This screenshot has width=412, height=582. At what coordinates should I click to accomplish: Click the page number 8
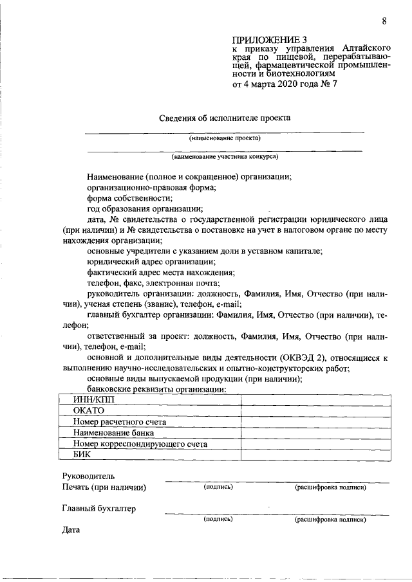click(x=384, y=21)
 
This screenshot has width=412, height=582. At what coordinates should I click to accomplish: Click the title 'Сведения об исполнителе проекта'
click(x=225, y=118)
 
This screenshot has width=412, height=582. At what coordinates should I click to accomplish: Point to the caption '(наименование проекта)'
click(x=225, y=138)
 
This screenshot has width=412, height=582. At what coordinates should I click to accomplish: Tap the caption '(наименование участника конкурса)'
click(x=225, y=156)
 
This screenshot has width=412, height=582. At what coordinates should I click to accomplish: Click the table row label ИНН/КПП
click(x=93, y=400)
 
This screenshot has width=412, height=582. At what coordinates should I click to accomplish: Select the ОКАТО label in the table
click(x=88, y=411)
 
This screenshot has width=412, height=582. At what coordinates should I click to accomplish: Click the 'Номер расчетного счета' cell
click(x=119, y=422)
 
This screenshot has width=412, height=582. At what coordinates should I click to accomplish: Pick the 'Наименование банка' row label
click(x=113, y=433)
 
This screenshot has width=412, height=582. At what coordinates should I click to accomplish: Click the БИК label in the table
click(x=82, y=455)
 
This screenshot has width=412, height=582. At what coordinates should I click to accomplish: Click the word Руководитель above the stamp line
click(x=88, y=476)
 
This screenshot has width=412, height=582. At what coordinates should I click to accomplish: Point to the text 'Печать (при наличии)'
click(x=104, y=487)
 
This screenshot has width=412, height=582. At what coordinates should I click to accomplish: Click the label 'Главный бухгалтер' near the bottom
click(x=98, y=509)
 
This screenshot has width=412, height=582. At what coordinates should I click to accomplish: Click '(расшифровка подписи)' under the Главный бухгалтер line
click(x=330, y=519)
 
